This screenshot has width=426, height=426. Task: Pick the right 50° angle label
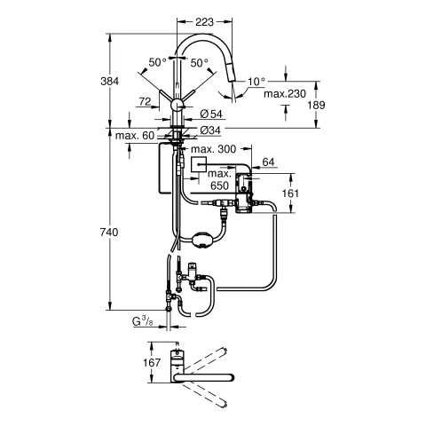coord(199,62)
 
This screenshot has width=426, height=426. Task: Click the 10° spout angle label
coord(256,81)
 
